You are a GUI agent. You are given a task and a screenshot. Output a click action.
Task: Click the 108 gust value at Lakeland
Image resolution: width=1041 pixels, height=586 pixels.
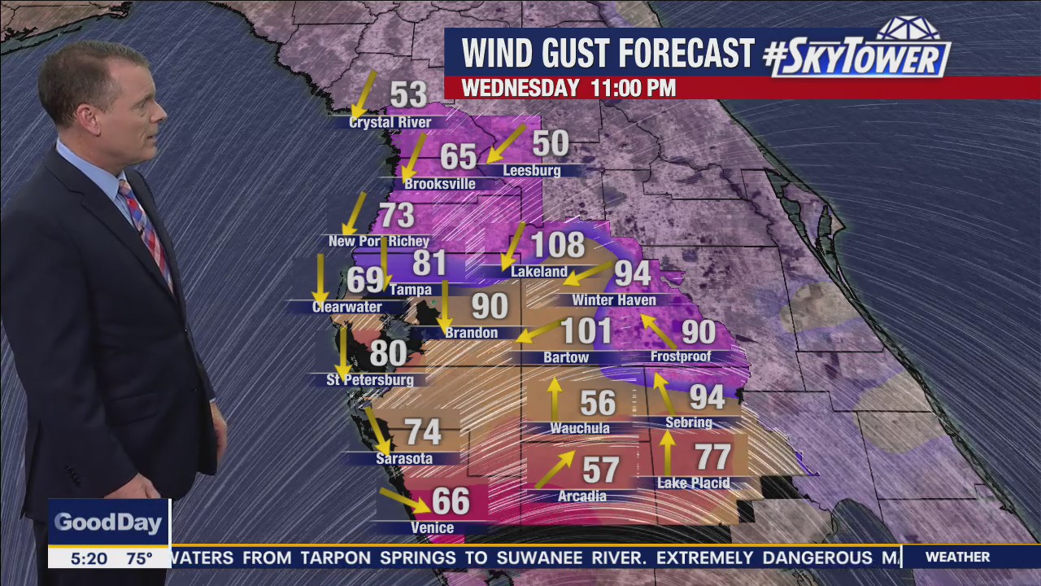[x=558, y=244]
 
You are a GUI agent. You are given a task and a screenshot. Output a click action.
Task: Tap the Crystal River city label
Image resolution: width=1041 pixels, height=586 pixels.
[x=390, y=123]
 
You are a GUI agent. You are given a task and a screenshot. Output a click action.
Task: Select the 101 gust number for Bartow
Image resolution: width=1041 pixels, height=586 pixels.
[x=586, y=331]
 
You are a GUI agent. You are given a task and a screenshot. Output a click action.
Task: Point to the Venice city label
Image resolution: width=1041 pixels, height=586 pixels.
[x=432, y=528]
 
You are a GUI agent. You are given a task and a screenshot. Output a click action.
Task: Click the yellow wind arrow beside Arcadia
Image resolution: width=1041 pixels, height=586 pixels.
[x=555, y=470]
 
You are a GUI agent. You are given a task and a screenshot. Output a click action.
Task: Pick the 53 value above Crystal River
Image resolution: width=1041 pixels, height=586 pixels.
[x=408, y=94]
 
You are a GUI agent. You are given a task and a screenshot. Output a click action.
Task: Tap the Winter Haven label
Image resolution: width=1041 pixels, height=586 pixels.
[x=614, y=300]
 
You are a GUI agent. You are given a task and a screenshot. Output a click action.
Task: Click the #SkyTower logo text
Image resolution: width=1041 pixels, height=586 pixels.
[x=857, y=55]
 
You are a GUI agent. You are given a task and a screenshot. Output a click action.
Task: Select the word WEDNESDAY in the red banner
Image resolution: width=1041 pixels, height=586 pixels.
[x=520, y=88]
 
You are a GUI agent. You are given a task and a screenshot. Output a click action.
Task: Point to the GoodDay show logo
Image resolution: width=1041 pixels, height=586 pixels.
[x=108, y=523]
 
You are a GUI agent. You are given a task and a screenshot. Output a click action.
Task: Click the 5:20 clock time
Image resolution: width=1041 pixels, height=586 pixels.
[x=87, y=558]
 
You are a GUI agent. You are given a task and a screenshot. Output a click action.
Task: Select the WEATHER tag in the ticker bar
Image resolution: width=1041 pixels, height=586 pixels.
[x=957, y=558]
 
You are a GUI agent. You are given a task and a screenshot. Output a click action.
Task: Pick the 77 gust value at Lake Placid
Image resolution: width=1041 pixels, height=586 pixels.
[x=712, y=457]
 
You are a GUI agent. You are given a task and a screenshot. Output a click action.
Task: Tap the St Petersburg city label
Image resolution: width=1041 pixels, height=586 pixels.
[x=370, y=380]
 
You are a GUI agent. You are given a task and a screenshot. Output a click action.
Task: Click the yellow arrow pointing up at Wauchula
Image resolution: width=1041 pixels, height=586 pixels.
[x=555, y=398]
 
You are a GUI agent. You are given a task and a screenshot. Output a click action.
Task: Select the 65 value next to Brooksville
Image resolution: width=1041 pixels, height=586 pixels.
[x=458, y=156]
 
